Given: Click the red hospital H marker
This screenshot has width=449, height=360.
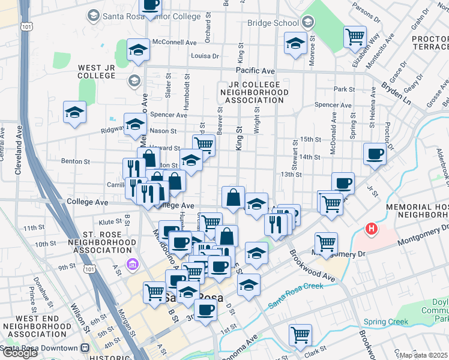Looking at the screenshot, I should (372, 229).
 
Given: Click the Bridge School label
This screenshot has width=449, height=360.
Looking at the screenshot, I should (273, 23).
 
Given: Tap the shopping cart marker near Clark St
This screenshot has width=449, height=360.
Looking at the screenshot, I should (300, 335).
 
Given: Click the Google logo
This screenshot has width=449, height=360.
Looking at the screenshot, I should (20, 353).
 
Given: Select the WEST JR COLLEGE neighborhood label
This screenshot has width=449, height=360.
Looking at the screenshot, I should (96, 71).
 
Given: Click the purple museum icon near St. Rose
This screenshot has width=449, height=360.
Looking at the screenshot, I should (132, 263).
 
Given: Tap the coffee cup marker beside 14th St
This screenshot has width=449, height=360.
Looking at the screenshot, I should (375, 154).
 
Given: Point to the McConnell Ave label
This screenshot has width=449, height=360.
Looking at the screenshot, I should (175, 43).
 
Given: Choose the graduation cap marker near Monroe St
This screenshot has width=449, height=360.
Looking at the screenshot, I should (295, 44).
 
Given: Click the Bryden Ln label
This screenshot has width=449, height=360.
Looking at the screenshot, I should (397, 91).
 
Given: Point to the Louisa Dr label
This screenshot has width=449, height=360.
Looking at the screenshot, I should (204, 56).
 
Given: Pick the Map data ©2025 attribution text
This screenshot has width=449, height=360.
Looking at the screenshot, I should (423, 355).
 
